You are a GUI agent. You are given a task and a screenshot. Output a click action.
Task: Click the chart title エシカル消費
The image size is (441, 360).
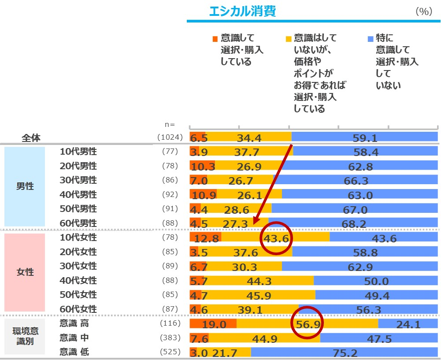[242, 11]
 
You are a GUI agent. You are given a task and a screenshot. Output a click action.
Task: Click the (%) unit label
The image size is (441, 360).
[424, 12]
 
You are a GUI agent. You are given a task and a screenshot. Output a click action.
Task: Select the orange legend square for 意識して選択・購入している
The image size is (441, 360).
[215, 38]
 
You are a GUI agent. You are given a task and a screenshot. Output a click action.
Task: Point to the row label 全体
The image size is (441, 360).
[31, 138]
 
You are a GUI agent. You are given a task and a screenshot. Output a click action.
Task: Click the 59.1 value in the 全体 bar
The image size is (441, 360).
[365, 138]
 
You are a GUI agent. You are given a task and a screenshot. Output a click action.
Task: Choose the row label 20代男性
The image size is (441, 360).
[78, 166]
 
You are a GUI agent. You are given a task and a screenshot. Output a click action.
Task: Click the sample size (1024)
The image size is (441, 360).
[170, 137]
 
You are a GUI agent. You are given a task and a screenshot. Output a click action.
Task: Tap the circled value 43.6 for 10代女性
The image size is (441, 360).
[276, 238]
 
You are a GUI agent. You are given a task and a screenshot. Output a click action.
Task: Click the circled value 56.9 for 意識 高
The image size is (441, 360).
[307, 324]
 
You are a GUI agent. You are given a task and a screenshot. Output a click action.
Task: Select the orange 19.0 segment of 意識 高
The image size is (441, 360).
[213, 324]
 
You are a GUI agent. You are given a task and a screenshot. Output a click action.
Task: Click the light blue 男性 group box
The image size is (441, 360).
[25, 186]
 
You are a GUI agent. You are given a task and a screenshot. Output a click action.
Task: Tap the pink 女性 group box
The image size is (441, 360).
[25, 272]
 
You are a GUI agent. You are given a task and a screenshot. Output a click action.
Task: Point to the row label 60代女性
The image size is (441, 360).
[78, 309]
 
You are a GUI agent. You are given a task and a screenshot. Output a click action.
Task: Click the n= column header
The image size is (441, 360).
[170, 125]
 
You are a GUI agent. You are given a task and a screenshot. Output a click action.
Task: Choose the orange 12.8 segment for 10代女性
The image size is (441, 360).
[205, 238]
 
